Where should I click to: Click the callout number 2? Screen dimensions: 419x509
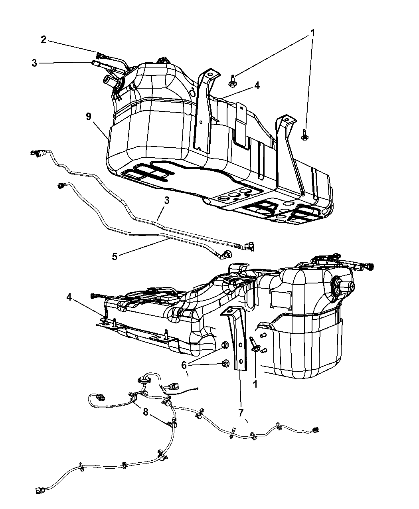coord(43,40)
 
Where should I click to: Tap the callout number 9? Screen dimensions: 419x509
coord(89,117)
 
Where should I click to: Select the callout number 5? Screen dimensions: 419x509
coord(115,256)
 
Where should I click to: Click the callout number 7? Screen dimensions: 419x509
coord(241,413)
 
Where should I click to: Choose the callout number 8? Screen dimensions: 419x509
coord(146,412)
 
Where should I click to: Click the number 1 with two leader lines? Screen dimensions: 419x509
coord(312,33)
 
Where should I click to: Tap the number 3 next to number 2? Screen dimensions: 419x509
coord(34,63)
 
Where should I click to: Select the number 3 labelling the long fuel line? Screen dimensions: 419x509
coord(166,200)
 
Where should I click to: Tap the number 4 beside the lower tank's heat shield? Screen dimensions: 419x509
coord(69,297)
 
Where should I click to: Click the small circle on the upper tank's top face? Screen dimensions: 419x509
coord(192,93)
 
